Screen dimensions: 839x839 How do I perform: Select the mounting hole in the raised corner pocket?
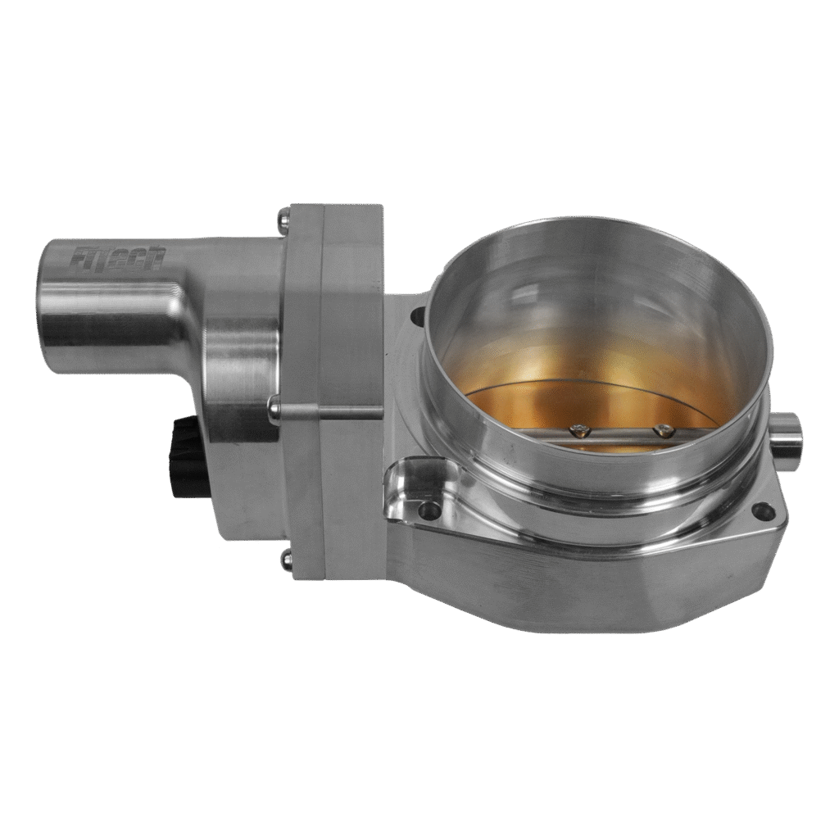click(x=424, y=510)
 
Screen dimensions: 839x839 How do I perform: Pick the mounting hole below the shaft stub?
click(x=767, y=511)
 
